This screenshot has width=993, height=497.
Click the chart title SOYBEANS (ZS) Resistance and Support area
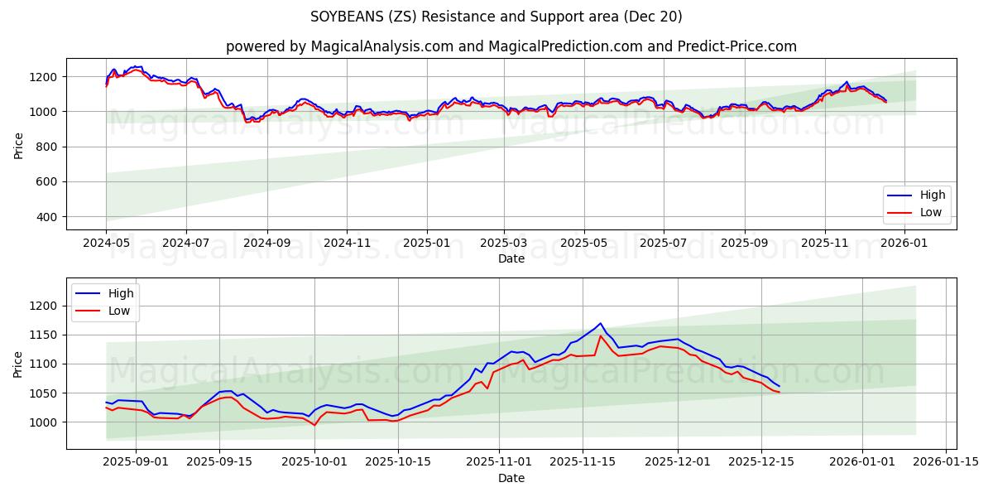(x=496, y=17)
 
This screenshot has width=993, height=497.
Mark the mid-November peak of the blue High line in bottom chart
(x=601, y=323)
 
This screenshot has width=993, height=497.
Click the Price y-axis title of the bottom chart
(x=18, y=364)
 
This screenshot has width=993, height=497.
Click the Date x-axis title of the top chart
(x=511, y=259)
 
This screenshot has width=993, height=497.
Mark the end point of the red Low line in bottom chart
(x=779, y=392)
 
